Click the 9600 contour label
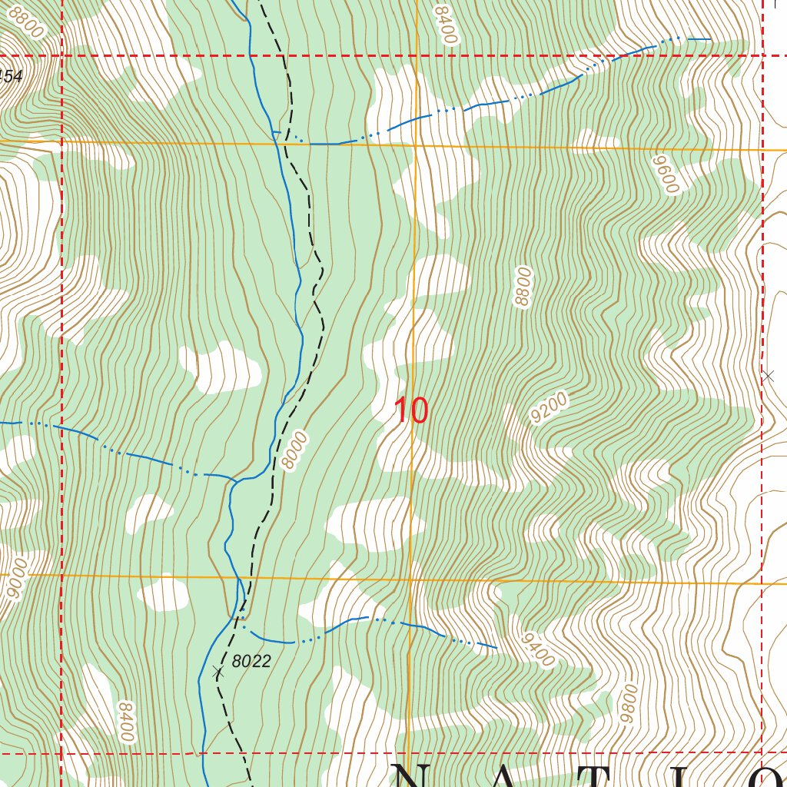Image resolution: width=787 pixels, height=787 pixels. pos(665,174)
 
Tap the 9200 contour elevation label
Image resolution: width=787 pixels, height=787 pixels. pos(549,408)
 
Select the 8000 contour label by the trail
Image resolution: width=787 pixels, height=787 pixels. pos(294,450)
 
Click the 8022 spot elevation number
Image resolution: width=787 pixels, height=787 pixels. pos(251,661)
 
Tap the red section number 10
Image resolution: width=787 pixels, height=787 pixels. pos(410,411)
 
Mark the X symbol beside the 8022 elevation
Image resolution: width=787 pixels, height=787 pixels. pos(218,672)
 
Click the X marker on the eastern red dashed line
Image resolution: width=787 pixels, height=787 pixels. pos(767,376)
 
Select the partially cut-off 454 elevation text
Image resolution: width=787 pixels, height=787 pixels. pos(11,76)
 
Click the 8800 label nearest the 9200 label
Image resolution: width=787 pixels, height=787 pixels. pos(523,287)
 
